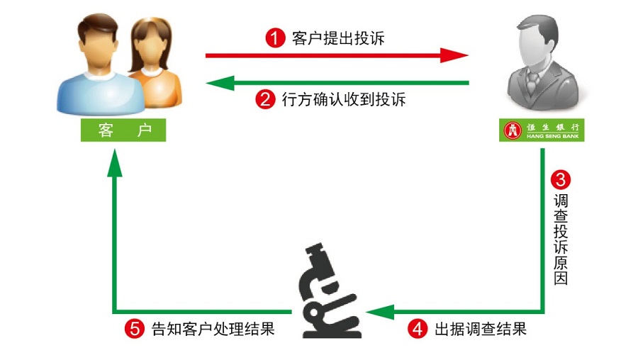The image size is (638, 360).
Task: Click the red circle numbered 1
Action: [275, 38]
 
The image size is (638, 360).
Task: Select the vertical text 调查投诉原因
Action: [561, 240]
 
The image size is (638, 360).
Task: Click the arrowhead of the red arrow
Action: [455, 55]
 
